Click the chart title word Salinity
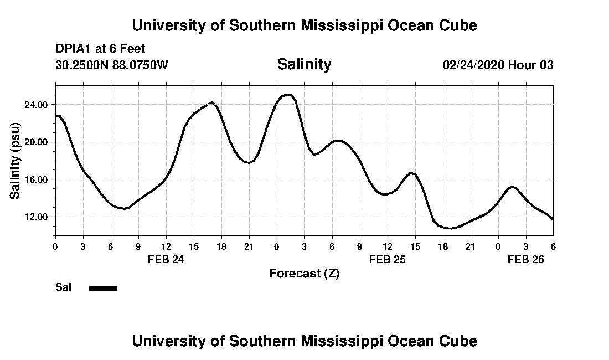coord(304,64)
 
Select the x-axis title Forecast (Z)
coord(304,273)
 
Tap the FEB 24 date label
coord(166,259)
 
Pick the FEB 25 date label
coord(388,259)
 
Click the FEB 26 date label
coord(526,259)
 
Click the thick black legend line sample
coord(103,288)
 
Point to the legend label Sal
coord(63,287)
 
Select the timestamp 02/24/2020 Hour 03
coord(498,65)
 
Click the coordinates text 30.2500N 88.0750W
coord(111,65)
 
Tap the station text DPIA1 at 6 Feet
coord(100,49)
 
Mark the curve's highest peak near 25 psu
coord(288,95)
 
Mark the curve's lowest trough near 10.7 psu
coord(452,228)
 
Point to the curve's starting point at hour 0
coord(56,116)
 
